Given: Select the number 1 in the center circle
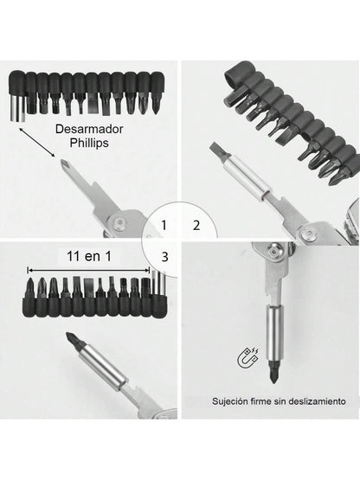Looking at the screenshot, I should click(164, 227).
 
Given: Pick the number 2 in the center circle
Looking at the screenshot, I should click(196, 227).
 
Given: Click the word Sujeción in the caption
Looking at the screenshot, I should click(235, 401).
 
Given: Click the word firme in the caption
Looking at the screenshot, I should click(268, 401).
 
